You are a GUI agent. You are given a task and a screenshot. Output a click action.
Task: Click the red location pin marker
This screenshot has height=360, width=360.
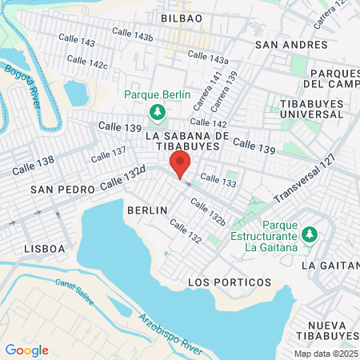181,164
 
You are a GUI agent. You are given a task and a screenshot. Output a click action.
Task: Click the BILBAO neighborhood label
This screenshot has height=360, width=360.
181,18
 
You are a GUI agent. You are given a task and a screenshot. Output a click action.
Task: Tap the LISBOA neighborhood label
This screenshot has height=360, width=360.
45,248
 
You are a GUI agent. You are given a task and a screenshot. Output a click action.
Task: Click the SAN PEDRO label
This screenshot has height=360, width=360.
63,190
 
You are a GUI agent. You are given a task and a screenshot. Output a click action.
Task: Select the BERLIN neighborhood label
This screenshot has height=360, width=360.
147,210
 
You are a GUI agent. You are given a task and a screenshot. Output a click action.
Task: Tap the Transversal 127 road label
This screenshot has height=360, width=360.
304,185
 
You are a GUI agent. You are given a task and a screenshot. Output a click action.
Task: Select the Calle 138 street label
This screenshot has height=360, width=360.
34,166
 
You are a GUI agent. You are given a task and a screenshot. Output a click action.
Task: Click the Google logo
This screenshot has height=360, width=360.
26,350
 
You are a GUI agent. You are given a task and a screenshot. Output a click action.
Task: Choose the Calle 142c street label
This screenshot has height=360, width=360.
87,62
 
